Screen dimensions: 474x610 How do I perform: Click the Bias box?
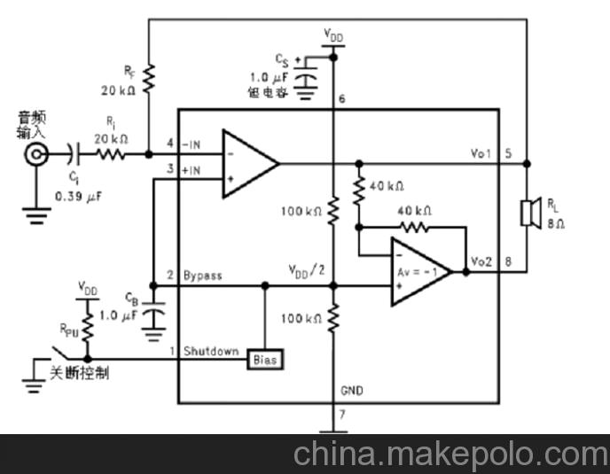[265, 359]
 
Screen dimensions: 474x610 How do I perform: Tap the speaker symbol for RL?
[531, 212]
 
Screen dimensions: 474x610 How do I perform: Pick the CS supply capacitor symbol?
[306, 79]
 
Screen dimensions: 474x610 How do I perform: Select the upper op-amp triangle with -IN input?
[248, 162]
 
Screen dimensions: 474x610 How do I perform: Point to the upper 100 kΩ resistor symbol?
[332, 212]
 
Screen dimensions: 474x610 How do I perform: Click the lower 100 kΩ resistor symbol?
[332, 318]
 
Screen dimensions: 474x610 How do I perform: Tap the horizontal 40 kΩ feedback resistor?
[413, 226]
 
